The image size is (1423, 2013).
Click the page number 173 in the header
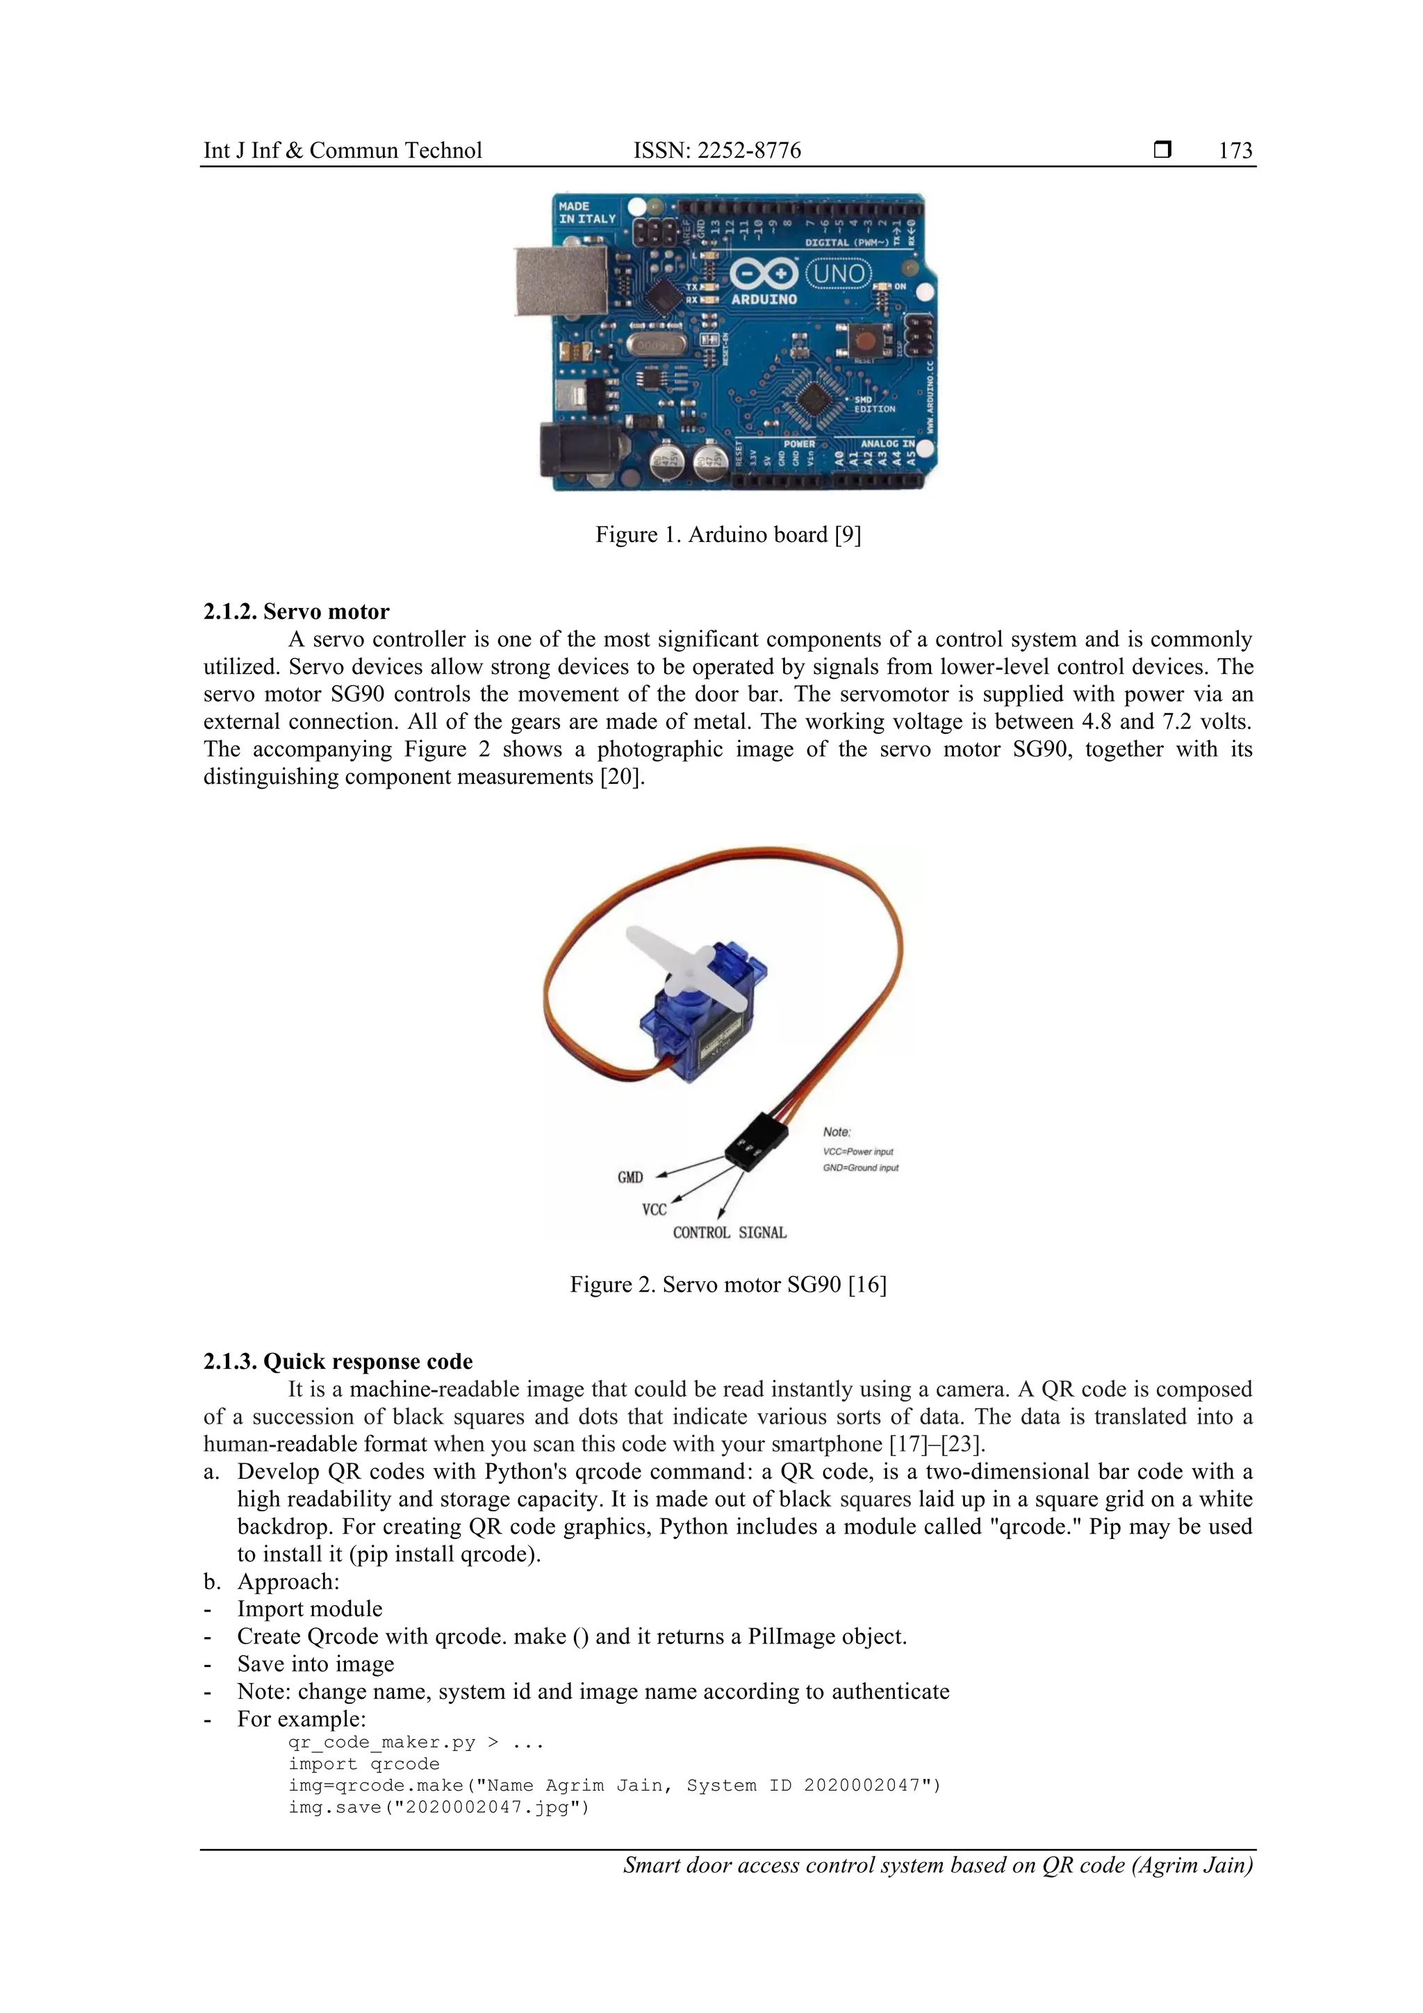point(1235,151)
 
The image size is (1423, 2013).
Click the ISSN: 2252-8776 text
point(716,151)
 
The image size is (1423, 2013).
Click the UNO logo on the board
point(838,274)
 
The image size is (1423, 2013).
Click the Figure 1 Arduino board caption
point(727,535)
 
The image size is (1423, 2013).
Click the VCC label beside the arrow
point(654,1210)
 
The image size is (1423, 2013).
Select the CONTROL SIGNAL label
point(730,1233)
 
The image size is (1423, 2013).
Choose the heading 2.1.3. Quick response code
point(338,1362)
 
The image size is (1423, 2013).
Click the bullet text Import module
point(309,1609)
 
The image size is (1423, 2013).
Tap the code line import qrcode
point(364,1764)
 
